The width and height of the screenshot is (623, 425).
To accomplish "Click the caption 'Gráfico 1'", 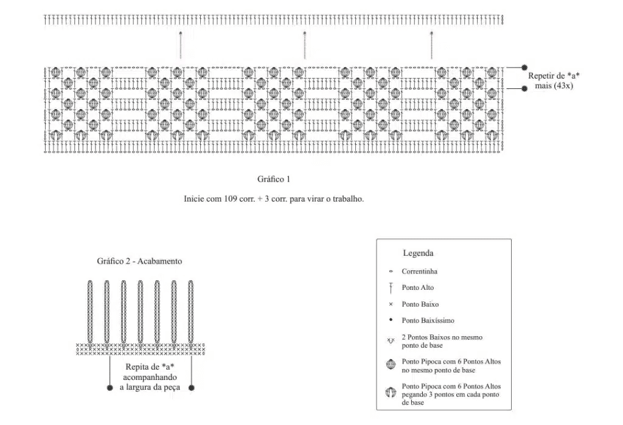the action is (274, 179).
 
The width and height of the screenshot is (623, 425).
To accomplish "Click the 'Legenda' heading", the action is (418, 253).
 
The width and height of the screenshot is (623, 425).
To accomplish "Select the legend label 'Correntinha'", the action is (419, 271).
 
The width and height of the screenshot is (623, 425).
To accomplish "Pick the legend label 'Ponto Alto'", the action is (417, 287).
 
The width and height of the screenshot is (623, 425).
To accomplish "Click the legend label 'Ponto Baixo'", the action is (420, 304).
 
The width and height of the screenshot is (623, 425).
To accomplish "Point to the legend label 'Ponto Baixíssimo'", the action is (428, 320).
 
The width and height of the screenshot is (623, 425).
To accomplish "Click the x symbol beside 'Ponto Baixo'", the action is (391, 304).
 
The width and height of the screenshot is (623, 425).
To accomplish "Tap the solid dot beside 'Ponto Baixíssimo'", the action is (391, 320).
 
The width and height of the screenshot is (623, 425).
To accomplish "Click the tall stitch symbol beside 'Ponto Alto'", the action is (391, 288).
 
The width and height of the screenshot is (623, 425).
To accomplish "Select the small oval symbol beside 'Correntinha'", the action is (391, 272).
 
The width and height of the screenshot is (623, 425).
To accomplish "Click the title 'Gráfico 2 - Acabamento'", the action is (139, 261).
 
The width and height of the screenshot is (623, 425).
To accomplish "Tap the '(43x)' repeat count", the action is (563, 85).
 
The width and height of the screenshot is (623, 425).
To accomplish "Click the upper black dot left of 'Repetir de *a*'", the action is (524, 68).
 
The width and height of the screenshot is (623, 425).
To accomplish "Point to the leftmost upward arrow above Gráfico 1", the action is (181, 45).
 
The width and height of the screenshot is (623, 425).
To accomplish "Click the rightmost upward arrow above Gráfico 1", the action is (431, 45).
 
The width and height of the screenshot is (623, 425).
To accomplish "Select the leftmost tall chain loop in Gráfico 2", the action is (90, 312).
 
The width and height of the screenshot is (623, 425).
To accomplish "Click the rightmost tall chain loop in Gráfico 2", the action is (190, 312).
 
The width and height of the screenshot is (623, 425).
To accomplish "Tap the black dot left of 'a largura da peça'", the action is (110, 388).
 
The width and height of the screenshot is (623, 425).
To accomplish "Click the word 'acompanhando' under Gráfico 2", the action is (150, 378).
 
